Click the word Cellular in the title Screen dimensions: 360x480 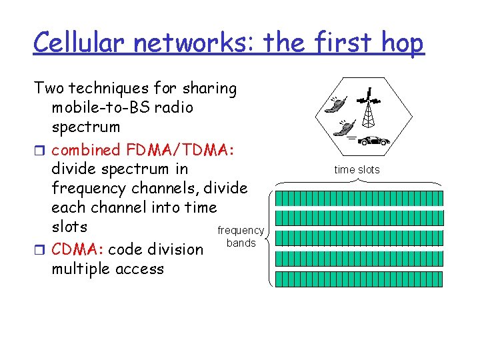click(x=80, y=43)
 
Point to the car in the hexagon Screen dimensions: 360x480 click(x=374, y=140)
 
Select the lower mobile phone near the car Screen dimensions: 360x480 click(x=345, y=126)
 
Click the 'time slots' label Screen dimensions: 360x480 click(x=357, y=170)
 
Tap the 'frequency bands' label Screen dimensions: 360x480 click(x=241, y=237)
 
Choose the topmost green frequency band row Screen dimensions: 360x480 click(x=359, y=198)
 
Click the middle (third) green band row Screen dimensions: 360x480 click(x=359, y=238)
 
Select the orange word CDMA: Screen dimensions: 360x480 click(x=77, y=250)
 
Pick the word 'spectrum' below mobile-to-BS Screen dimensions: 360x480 click(x=86, y=127)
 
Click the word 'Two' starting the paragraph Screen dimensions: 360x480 click(x=49, y=88)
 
